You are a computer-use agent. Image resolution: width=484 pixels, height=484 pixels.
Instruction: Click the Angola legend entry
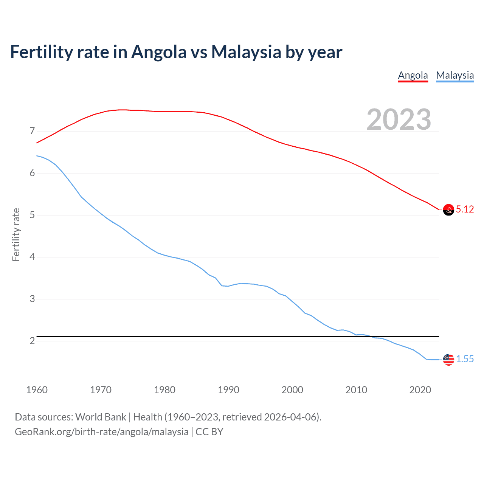point(413,75)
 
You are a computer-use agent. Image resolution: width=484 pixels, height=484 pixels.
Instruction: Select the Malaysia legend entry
point(455,75)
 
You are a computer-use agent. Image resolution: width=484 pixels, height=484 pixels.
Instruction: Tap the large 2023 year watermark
point(399,119)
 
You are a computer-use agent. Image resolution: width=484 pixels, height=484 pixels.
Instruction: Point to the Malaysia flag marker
point(448,359)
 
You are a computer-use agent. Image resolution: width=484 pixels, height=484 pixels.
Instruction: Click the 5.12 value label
point(465,209)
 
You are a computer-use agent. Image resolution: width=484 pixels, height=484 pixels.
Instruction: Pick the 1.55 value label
point(465,359)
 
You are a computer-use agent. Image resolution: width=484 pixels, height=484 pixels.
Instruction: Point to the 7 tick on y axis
point(32,131)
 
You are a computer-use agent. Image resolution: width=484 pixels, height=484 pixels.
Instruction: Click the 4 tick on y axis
point(32,257)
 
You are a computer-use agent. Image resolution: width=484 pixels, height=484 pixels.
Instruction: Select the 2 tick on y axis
point(32,341)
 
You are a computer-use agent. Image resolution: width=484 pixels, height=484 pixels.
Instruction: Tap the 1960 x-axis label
point(37,390)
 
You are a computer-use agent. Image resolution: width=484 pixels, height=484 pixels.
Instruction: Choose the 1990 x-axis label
point(228,390)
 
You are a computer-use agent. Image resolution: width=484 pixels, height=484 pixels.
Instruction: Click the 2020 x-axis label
point(420,390)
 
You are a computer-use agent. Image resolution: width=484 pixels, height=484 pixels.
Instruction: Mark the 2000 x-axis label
point(292,390)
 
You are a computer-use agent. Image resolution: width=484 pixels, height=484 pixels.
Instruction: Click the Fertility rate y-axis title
point(16,234)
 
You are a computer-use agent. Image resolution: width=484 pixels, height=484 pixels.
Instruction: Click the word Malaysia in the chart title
point(246,52)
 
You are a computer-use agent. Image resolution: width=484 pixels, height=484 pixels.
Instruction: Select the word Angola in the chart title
point(159,52)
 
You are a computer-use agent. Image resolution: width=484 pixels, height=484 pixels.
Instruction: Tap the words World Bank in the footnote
point(101,417)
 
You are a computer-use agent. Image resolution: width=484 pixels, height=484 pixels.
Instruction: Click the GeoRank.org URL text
point(101,432)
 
